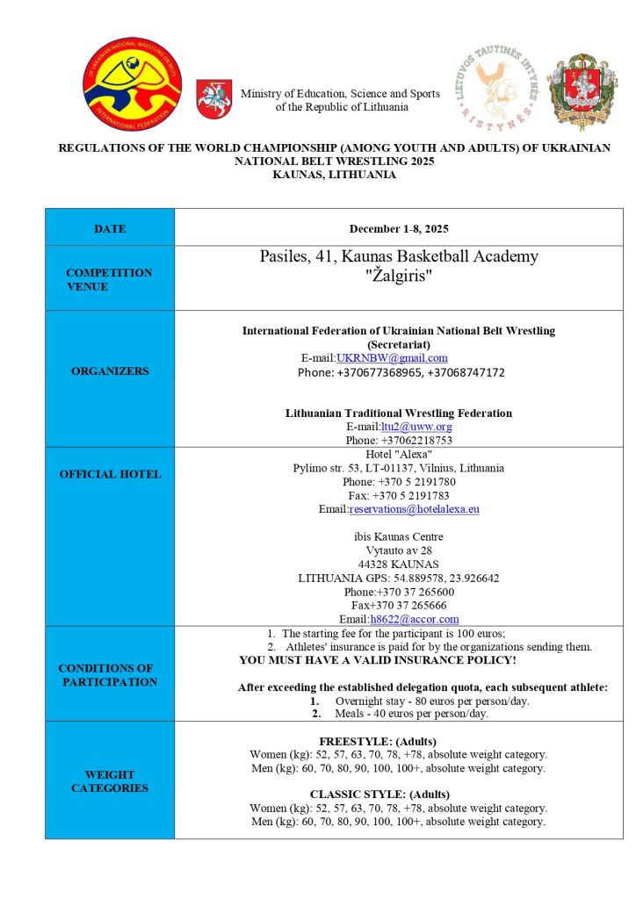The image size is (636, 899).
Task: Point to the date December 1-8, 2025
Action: (399, 228)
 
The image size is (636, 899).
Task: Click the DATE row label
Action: (110, 228)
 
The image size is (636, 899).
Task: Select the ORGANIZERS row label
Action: (110, 370)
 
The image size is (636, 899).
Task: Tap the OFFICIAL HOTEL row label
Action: (110, 474)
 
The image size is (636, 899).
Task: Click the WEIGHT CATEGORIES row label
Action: (110, 781)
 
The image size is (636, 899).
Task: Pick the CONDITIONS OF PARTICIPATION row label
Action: (110, 675)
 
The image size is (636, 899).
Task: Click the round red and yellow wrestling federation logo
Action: (132, 84)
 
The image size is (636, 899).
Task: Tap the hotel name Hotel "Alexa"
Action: (399, 454)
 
